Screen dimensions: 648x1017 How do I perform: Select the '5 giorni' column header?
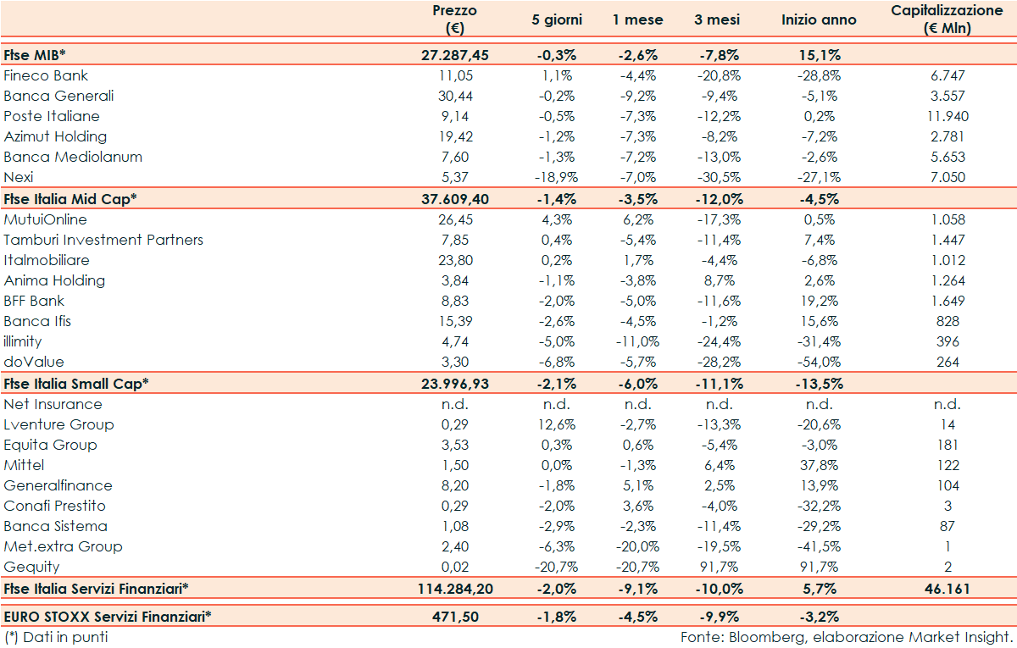tap(556, 19)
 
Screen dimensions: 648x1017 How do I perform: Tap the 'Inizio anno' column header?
tap(819, 19)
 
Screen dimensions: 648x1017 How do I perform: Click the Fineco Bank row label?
tap(46, 75)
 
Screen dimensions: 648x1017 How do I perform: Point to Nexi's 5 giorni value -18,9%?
tap(556, 177)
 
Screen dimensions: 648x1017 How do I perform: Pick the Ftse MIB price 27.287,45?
tap(455, 55)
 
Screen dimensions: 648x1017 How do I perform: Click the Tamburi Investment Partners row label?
tap(103, 240)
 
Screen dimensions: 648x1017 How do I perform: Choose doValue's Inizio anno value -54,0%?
tap(819, 362)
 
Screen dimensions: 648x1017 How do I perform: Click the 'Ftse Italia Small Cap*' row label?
tap(76, 383)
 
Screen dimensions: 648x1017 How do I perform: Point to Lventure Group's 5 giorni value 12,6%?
tap(556, 424)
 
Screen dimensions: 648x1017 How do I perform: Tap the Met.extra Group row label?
tap(63, 546)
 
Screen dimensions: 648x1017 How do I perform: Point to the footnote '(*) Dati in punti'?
tap(56, 636)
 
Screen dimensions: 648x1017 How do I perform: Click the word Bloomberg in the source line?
tap(760, 636)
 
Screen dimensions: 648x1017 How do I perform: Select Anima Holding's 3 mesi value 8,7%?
tap(720, 280)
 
